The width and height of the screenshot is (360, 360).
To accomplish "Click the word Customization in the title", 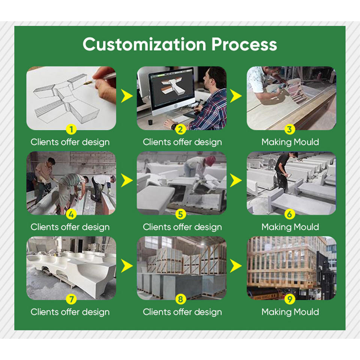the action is pos(144,44).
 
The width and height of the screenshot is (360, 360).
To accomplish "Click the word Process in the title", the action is pos(244,44).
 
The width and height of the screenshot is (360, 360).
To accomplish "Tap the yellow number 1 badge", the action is pos(71,130).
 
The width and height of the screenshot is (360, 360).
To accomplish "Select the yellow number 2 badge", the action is pos(181,130).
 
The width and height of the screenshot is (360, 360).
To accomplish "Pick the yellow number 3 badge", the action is pos(290,130).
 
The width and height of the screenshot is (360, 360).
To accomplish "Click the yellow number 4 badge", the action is pos(71,215).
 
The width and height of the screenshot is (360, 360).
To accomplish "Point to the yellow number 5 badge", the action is pos(181,215).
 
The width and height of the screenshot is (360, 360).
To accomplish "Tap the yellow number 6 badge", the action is pos(290,215).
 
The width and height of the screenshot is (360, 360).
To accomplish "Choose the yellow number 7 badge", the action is pos(71,300).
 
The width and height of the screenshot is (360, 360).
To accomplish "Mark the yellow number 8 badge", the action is pos(181,300).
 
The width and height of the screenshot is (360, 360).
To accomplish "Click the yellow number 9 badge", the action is pos(290,300).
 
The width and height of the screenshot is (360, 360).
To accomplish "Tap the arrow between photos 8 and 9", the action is pos(236,267).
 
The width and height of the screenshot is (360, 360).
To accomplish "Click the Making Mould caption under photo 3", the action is pos(290,142).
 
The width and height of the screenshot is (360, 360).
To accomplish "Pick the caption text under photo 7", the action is pos(70,312).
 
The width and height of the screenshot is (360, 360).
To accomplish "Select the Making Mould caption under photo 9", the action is pos(290,312).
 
